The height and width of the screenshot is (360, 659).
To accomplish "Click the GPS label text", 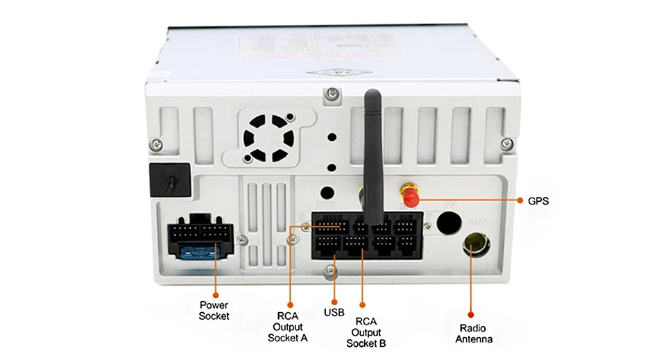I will (538, 201).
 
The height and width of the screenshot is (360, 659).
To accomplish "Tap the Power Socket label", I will (214, 310).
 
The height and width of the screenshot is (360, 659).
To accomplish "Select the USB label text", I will (334, 312).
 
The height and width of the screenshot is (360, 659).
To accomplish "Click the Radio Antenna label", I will (474, 334).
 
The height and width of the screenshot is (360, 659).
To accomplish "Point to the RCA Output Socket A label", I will (287, 327).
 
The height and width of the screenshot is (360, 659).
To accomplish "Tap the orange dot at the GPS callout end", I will (520, 201).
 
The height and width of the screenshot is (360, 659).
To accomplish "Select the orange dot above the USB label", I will (334, 300).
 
